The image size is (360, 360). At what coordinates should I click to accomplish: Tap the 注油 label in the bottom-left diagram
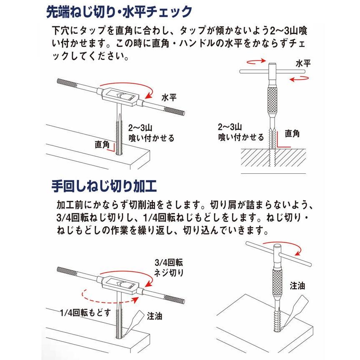tap(154, 317)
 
